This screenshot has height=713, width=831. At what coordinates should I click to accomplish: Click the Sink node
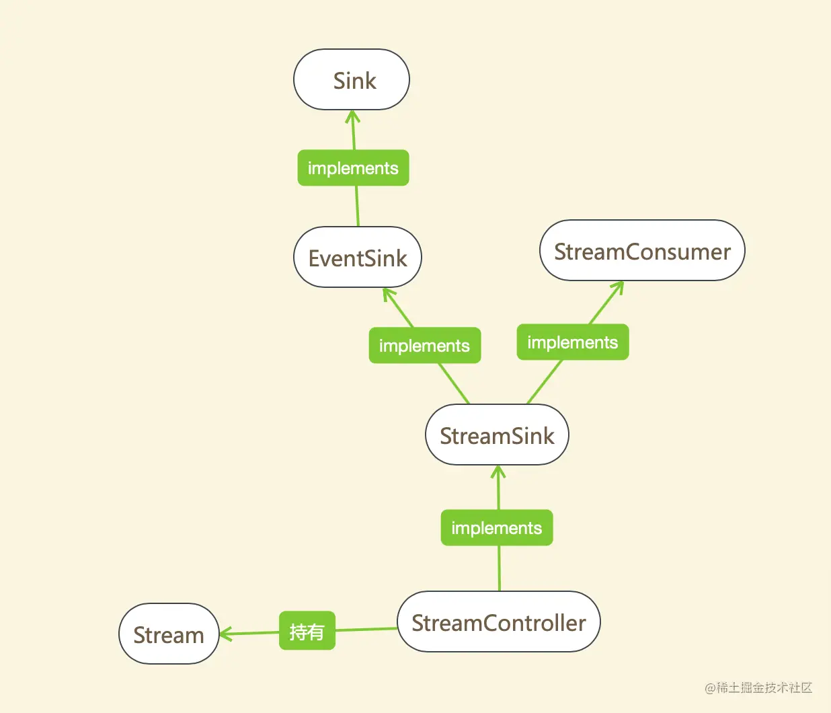352,79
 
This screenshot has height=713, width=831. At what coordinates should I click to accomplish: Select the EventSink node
358,258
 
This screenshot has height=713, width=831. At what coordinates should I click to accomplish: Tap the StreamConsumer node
642,251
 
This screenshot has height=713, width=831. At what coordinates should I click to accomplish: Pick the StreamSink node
497,435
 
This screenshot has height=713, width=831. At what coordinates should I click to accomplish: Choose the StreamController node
498,622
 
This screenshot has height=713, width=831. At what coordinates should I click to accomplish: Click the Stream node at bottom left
169,634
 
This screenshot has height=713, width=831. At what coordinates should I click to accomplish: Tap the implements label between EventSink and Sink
353,168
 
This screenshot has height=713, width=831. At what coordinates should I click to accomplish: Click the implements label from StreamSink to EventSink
424,346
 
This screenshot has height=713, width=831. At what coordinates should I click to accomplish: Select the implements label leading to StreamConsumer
572,342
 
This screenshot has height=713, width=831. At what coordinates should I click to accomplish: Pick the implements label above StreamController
497,528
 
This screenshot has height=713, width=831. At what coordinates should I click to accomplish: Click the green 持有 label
307,632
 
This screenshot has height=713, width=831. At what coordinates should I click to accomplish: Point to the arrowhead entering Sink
352,116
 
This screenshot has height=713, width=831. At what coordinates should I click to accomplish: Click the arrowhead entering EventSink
387,293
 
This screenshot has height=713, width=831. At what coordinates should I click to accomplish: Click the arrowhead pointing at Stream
225,634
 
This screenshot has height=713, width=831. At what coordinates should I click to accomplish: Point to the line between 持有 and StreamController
366,630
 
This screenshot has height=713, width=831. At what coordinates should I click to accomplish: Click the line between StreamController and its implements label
499,568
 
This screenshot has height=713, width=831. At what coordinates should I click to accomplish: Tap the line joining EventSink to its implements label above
357,206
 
